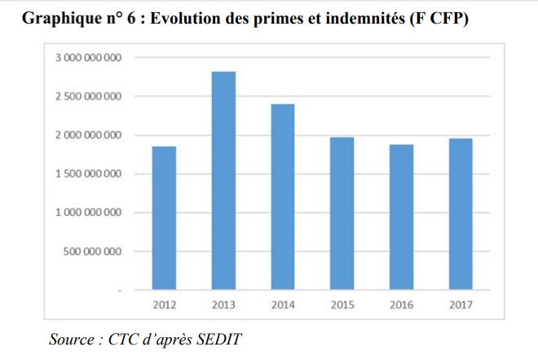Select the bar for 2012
pos(164,218)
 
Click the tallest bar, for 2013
pos(223,181)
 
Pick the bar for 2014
pos(282,197)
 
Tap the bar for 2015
pos(342,213)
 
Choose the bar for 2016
pos(401,217)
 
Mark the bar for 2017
pos(461,214)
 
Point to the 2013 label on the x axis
pos(223,306)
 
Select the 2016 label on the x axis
pos(401,306)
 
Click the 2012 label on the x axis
pos(164,306)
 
